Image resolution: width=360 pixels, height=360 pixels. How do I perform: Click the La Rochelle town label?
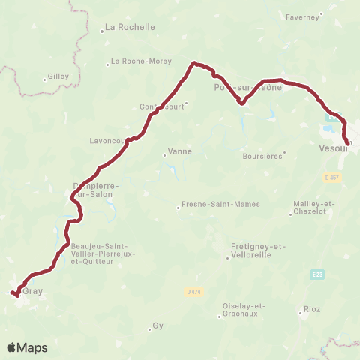(x=130, y=27)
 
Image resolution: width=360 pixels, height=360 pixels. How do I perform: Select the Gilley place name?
(x=58, y=76)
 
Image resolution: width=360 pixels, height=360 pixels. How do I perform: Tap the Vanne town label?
(x=181, y=151)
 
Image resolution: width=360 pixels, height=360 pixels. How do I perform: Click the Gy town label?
(x=157, y=325)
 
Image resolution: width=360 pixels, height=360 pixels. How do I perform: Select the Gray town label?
(x=32, y=291)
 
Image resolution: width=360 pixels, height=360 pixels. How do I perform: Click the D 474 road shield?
(x=193, y=290)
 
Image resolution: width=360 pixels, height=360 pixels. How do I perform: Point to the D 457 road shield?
(x=333, y=178)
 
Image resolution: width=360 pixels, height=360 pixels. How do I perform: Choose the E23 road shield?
(x=317, y=275)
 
